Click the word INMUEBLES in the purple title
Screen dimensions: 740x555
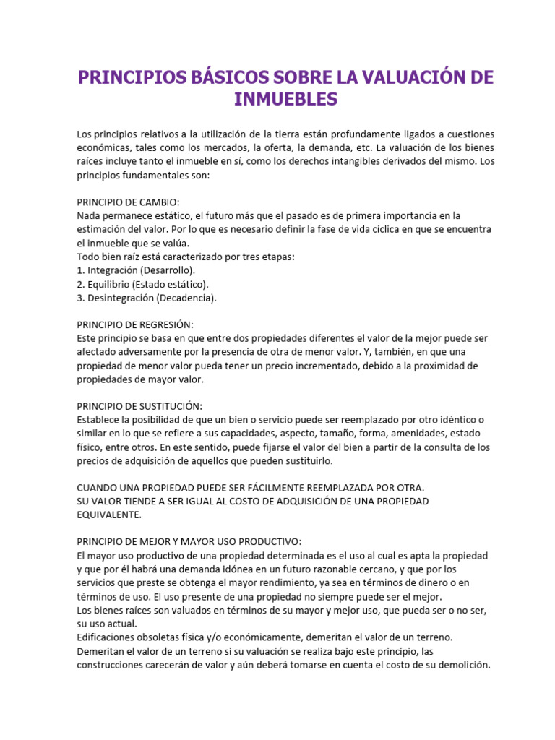285,99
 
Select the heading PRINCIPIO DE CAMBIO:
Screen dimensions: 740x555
128,202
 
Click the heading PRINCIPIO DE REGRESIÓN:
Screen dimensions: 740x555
135,325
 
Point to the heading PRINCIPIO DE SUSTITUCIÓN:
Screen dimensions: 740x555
139,406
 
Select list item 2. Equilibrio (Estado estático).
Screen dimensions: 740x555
142,284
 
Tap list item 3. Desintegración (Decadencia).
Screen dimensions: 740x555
146,298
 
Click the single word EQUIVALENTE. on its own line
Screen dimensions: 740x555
111,515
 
